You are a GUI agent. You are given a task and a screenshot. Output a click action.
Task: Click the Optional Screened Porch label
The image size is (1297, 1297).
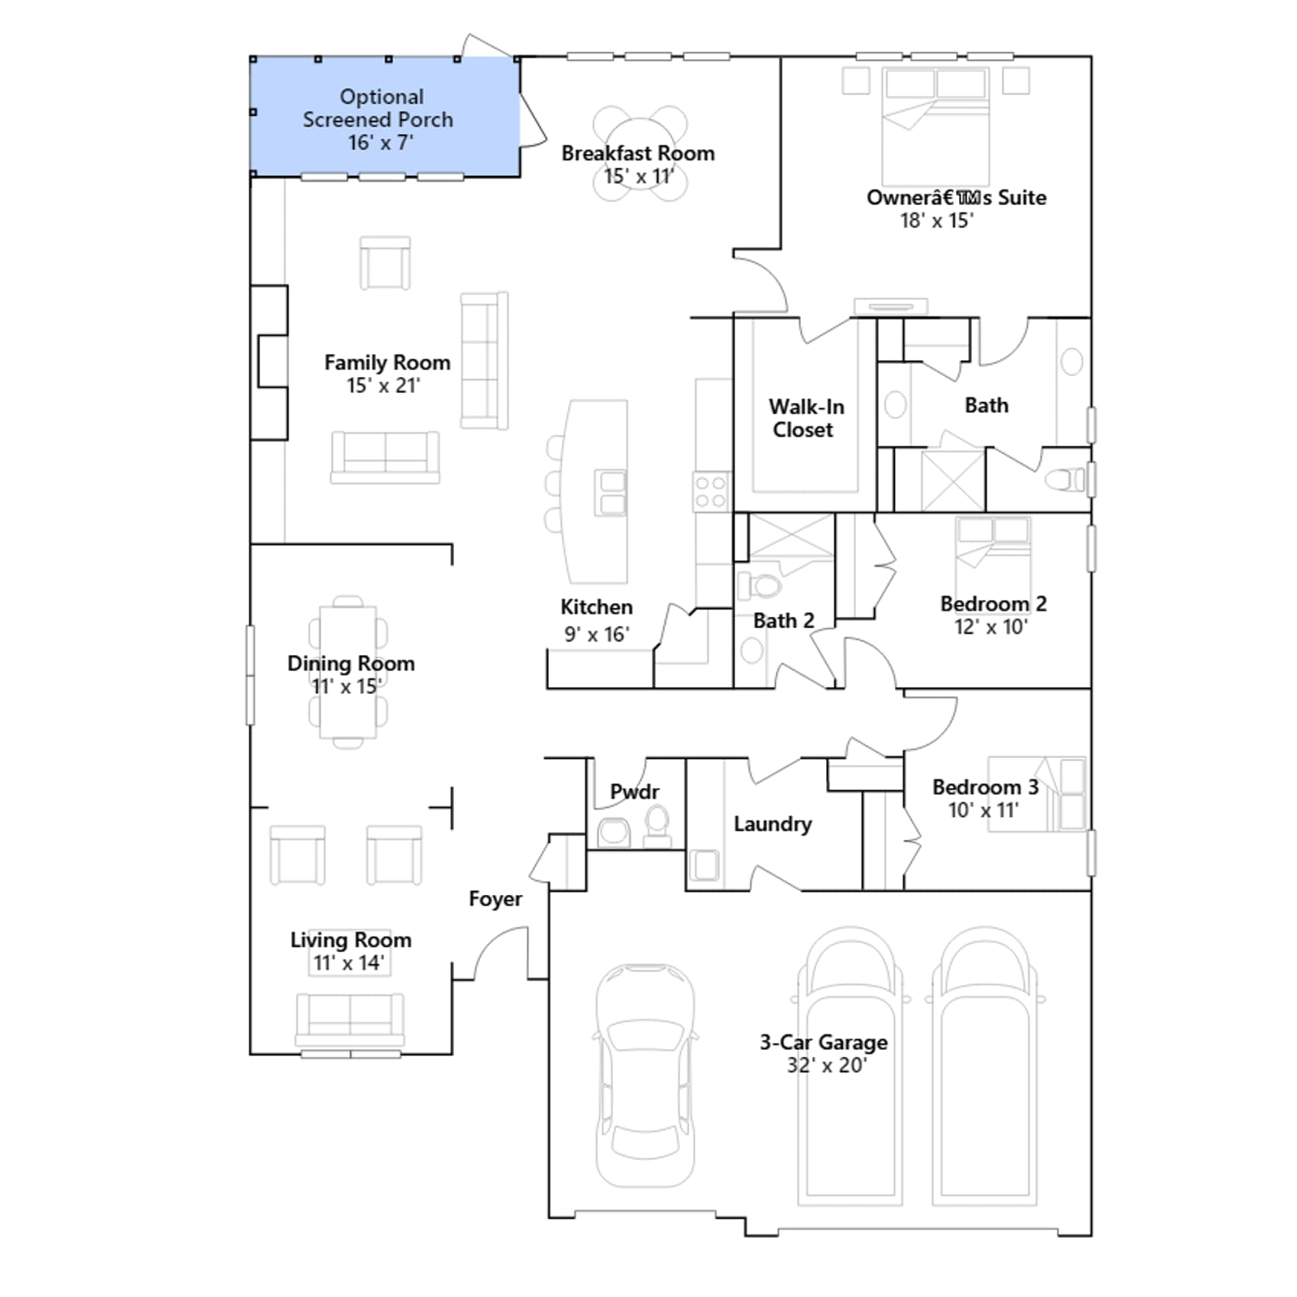(378, 119)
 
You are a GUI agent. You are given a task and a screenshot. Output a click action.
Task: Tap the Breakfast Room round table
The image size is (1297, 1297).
(640, 153)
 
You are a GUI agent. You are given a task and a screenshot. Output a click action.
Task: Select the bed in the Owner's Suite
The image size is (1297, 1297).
(935, 126)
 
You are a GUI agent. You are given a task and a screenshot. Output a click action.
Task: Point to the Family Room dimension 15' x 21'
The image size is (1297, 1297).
(383, 386)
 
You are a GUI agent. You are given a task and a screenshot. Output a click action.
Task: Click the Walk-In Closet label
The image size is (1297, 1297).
(806, 418)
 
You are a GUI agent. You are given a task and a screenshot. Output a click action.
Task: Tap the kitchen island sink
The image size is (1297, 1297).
(611, 493)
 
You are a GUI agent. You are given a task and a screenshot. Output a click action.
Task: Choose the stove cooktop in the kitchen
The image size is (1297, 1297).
(711, 492)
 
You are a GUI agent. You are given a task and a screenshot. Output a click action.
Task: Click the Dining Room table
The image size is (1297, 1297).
(348, 672)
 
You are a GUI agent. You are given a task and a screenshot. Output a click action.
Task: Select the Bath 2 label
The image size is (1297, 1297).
(783, 621)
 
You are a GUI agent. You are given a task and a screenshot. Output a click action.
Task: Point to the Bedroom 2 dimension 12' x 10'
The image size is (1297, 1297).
(991, 627)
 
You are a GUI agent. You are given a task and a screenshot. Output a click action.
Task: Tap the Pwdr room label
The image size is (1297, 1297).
(635, 791)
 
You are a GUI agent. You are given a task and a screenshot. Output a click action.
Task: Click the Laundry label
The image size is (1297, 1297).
(773, 824)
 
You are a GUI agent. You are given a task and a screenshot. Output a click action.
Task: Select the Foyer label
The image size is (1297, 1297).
(495, 899)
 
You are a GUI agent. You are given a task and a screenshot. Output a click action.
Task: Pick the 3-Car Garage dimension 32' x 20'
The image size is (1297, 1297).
(827, 1065)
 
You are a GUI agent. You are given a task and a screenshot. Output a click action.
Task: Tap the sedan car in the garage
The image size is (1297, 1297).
(645, 1076)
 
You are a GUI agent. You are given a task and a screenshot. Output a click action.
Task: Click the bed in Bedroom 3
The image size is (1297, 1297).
(1038, 794)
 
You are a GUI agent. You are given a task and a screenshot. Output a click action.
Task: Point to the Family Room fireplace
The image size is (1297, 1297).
(269, 362)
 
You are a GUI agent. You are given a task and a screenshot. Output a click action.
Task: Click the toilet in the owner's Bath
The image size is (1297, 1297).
(1066, 480)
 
